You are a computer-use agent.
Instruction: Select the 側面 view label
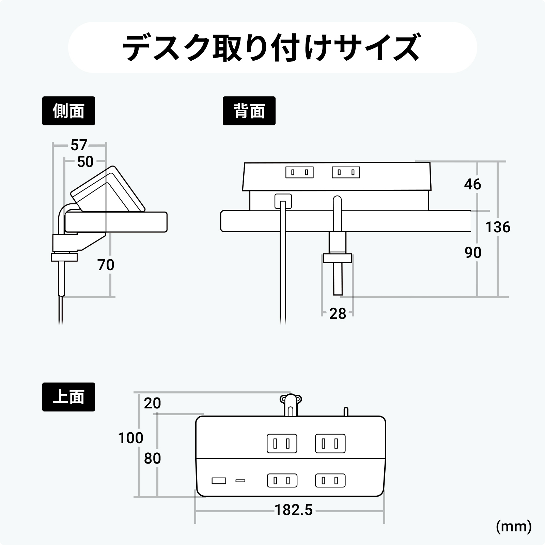(68, 111)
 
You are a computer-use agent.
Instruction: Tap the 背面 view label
(249, 111)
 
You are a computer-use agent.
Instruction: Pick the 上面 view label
(68, 397)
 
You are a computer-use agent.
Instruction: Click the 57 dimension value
(79, 145)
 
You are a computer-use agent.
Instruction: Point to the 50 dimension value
(85, 162)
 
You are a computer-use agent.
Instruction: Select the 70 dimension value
(106, 265)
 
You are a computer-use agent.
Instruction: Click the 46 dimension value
(472, 184)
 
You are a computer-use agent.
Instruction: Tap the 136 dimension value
(498, 227)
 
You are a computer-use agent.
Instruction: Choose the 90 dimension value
(473, 253)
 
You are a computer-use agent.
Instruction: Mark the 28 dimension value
(338, 314)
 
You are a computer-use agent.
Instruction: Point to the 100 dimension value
(130, 438)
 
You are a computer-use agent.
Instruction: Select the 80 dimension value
(152, 458)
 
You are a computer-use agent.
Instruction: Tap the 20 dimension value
(152, 403)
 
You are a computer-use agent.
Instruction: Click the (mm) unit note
(514, 527)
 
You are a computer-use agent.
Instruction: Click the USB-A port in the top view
(219, 481)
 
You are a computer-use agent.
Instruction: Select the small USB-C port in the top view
(240, 481)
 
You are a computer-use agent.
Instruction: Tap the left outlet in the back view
(299, 172)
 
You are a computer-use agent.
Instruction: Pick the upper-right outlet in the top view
(330, 443)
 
